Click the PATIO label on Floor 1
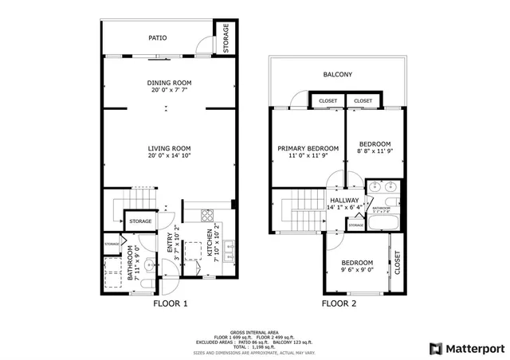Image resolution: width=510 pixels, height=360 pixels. (158, 37)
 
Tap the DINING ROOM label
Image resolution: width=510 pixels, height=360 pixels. (169, 83)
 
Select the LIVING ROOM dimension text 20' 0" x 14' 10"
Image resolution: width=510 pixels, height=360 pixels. (169, 156)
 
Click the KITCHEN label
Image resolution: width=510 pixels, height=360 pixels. (211, 242)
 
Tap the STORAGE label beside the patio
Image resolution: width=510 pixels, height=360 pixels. (226, 37)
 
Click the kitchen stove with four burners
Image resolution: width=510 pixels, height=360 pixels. (207, 214)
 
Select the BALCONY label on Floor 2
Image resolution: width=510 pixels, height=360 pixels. (337, 75)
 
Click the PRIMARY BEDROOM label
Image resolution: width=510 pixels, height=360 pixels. (308, 149)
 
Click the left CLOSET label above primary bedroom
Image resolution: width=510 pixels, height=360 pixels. (328, 101)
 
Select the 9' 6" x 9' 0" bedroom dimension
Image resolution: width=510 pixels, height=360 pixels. (356, 270)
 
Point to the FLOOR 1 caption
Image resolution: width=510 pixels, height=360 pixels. (170, 303)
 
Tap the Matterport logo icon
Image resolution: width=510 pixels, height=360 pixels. (434, 348)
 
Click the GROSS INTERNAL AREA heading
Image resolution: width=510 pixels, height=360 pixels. (254, 331)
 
